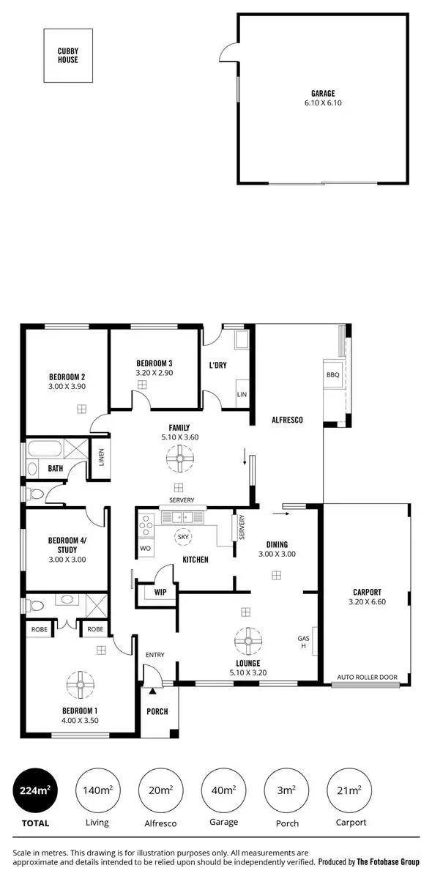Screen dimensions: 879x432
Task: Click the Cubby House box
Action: point(68,56)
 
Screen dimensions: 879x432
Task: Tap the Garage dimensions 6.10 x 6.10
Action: point(322,103)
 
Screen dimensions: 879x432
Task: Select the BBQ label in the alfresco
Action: point(333,374)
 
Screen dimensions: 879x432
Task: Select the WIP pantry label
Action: point(160,593)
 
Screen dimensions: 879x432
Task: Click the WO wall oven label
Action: point(145,547)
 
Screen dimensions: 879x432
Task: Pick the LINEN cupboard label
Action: point(101,458)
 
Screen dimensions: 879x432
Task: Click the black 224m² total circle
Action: point(35,791)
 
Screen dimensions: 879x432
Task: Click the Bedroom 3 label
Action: point(154,363)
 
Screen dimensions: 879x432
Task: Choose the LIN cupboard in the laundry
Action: point(242,394)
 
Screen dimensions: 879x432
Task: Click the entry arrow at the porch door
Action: point(153,690)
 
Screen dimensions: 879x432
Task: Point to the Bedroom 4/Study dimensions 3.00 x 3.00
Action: point(67,559)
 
